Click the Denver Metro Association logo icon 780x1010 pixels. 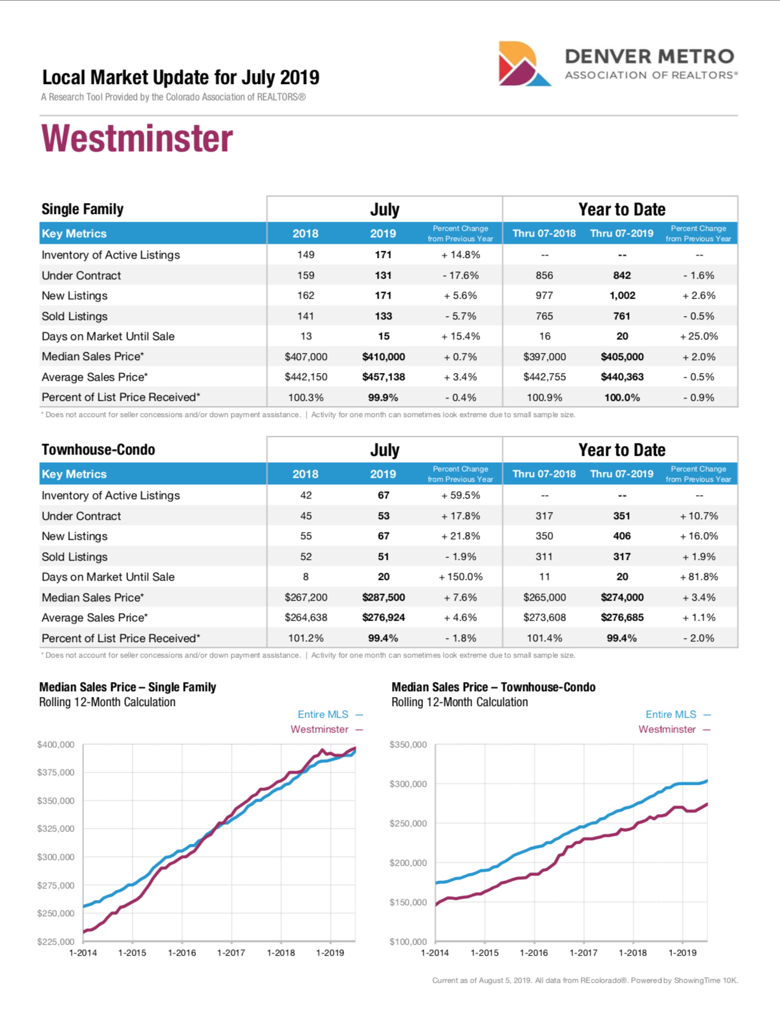pyautogui.click(x=523, y=64)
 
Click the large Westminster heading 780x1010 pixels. pyautogui.click(x=137, y=139)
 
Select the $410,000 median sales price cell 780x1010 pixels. pyautogui.click(x=384, y=357)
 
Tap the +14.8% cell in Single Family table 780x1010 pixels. pyautogui.click(x=460, y=255)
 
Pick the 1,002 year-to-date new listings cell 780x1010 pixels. pyautogui.click(x=622, y=295)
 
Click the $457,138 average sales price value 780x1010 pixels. pyautogui.click(x=384, y=377)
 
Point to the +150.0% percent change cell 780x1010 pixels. pyautogui.click(x=460, y=577)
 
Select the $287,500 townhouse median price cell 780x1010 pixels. pyautogui.click(x=384, y=597)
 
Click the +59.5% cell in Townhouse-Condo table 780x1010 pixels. pyautogui.click(x=460, y=495)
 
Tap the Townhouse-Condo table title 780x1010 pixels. pyautogui.click(x=98, y=450)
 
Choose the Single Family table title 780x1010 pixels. pyautogui.click(x=82, y=210)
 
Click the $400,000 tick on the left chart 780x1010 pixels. pyautogui.click(x=56, y=745)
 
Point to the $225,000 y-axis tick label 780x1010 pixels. pyautogui.click(x=56, y=941)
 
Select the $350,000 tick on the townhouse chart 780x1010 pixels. pyautogui.click(x=408, y=745)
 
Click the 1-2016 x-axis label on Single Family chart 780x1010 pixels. pyautogui.click(x=182, y=953)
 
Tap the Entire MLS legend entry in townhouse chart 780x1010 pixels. pyautogui.click(x=671, y=715)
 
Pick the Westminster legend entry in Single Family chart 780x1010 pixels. pyautogui.click(x=320, y=729)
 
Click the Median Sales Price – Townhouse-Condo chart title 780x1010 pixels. pyautogui.click(x=493, y=687)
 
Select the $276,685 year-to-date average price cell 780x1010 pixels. pyautogui.click(x=622, y=618)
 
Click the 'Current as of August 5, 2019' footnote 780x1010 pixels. pyautogui.click(x=585, y=981)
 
